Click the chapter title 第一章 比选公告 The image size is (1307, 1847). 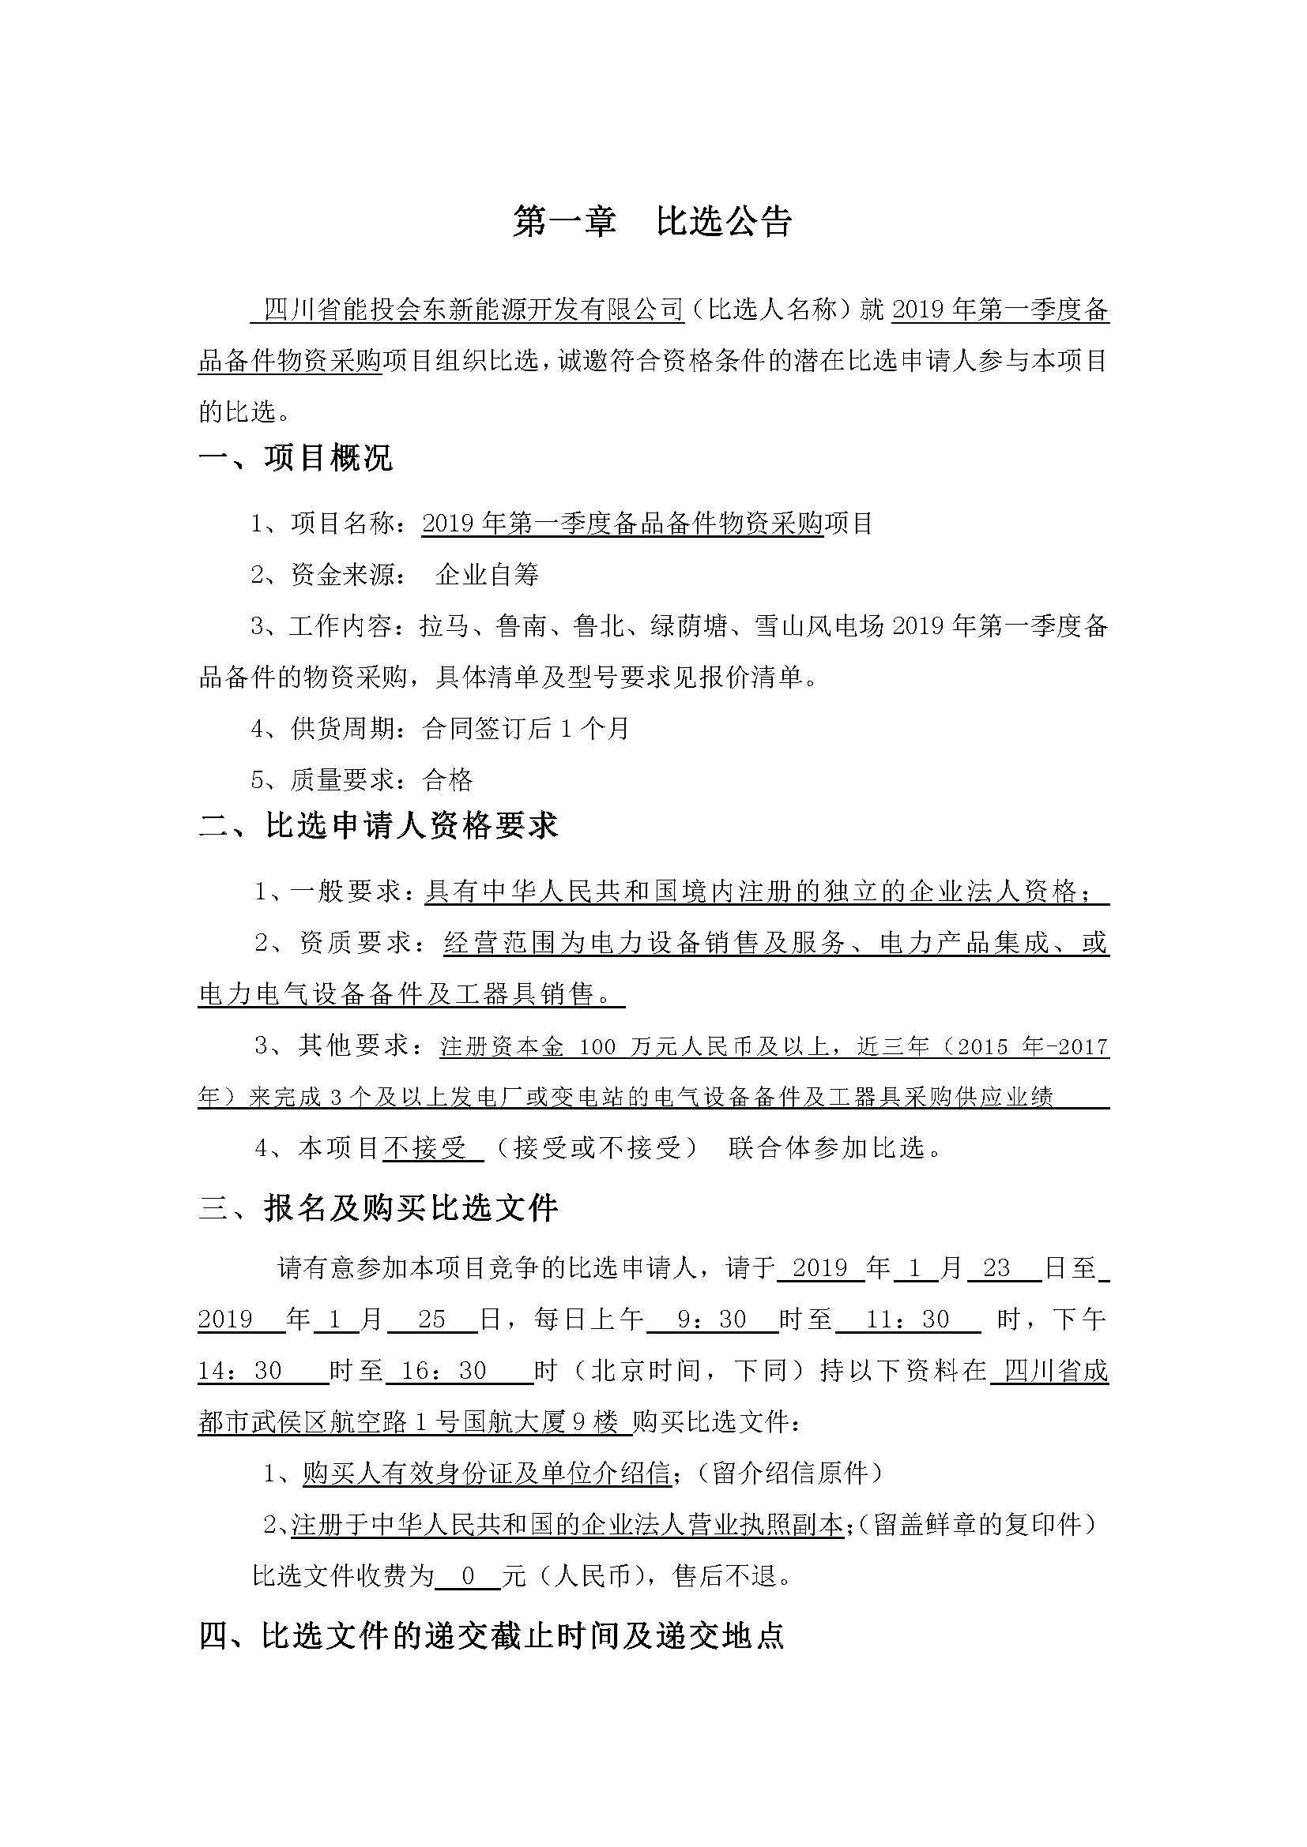[653, 222]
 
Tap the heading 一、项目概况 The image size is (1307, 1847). [296, 458]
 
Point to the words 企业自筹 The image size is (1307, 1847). [487, 574]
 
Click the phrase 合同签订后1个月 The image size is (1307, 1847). [525, 729]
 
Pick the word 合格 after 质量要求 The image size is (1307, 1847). [448, 779]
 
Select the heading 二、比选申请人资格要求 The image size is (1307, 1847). [379, 826]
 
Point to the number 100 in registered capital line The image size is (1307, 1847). [597, 1046]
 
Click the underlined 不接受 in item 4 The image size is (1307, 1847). [424, 1148]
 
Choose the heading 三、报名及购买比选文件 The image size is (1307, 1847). [379, 1208]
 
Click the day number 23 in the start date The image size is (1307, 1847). [996, 1269]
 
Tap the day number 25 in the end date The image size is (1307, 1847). [431, 1320]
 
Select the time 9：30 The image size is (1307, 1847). [712, 1320]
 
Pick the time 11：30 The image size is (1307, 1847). [908, 1320]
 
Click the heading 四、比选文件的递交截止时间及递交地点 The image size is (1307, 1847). [491, 1636]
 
